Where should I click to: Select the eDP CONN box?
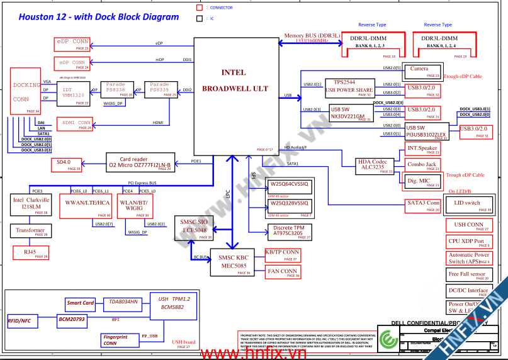pyautogui.click(x=72, y=43)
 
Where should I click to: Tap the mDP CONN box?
pyautogui.click(x=72, y=64)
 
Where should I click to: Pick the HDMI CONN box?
pyautogui.click(x=75, y=124)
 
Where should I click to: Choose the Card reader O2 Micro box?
pyautogui.click(x=139, y=163)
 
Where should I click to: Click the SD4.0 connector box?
pyautogui.click(x=67, y=165)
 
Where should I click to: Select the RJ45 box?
pyautogui.click(x=30, y=252)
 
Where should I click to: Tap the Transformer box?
pyautogui.click(x=30, y=231)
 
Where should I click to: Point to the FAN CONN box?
pyautogui.click(x=282, y=272)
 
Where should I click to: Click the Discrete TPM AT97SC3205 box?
pyautogui.click(x=288, y=231)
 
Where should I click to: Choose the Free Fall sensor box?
pyautogui.click(x=468, y=275)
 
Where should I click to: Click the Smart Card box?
pyautogui.click(x=81, y=303)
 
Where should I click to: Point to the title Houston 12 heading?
pyautogui.click(x=90, y=17)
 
